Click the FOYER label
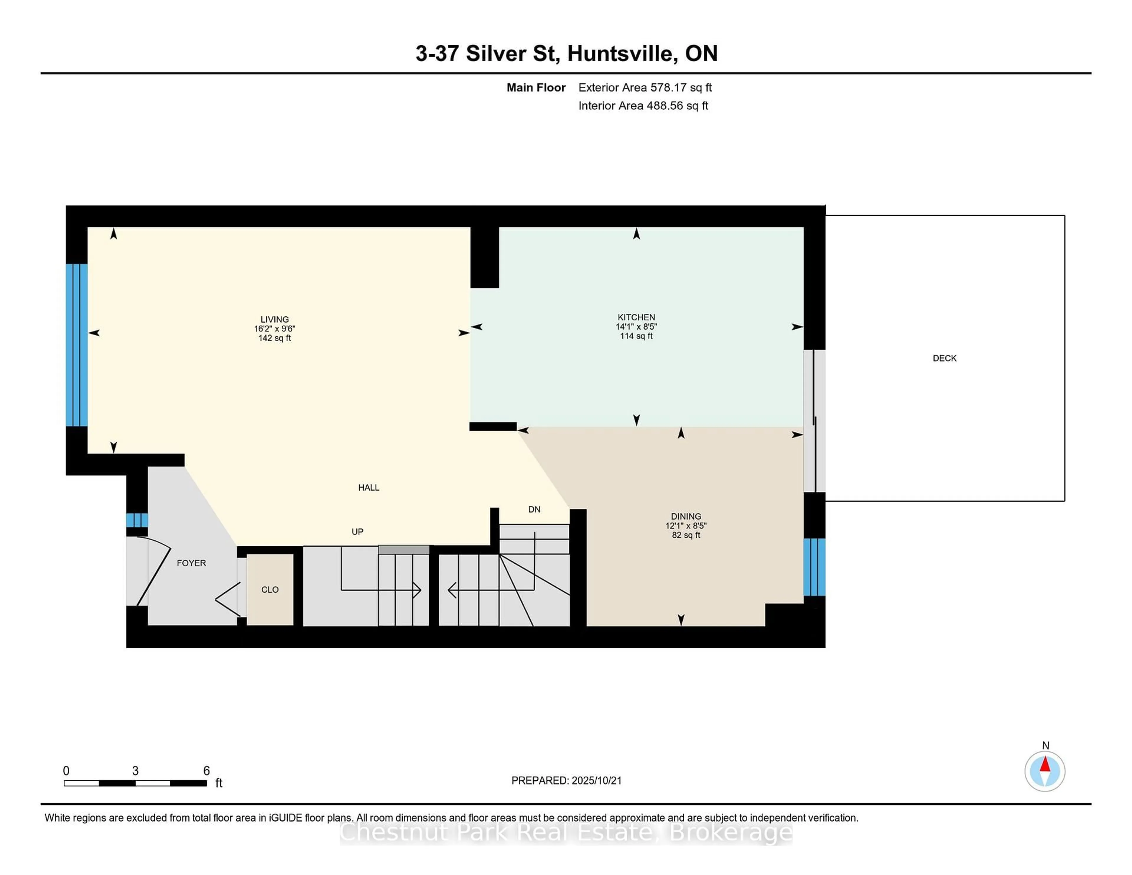click(x=191, y=563)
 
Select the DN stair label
click(x=534, y=509)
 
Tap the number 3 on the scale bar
click(x=135, y=771)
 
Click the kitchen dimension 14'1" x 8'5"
click(x=636, y=327)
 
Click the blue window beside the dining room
click(x=814, y=567)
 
